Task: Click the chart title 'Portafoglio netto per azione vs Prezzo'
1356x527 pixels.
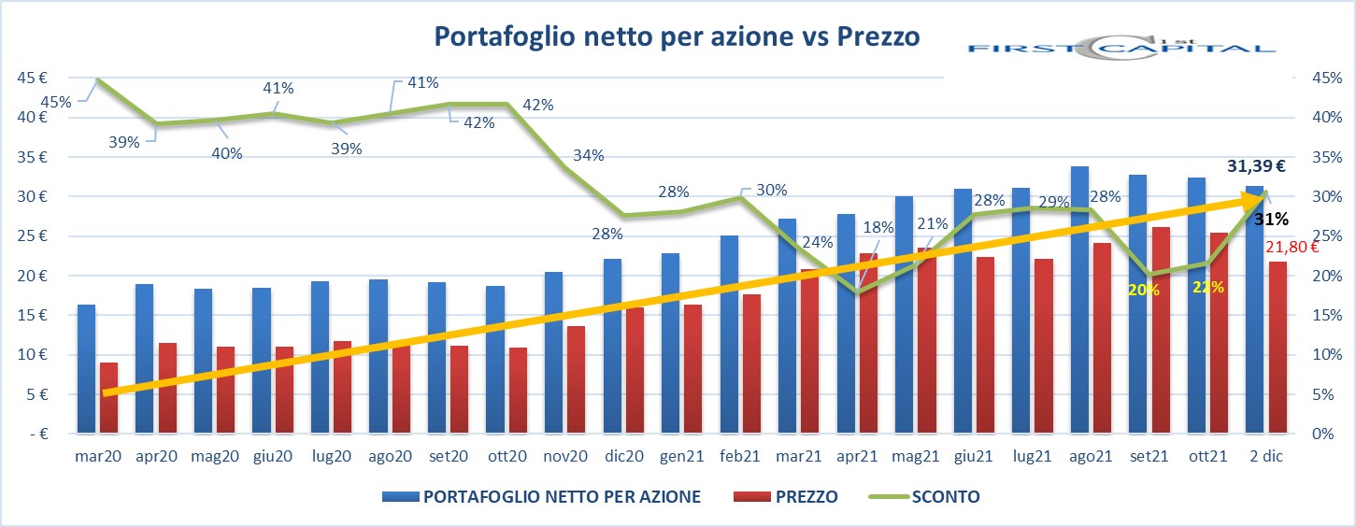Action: pyautogui.click(x=677, y=36)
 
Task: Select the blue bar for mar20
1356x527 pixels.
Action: pyautogui.click(x=86, y=368)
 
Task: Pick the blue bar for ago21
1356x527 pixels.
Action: pyautogui.click(x=1079, y=299)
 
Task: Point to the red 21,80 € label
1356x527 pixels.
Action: pyautogui.click(x=1291, y=247)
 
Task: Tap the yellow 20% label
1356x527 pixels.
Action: pyautogui.click(x=1144, y=290)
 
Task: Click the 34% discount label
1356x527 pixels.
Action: pyautogui.click(x=588, y=155)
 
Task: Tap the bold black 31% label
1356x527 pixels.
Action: pyautogui.click(x=1271, y=220)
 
